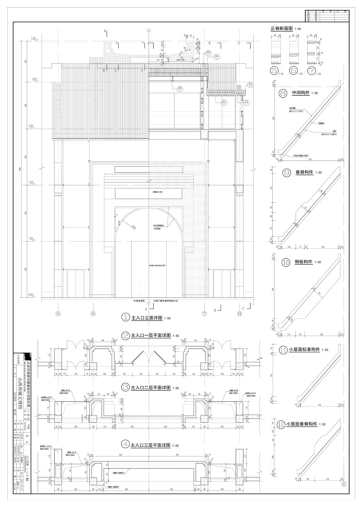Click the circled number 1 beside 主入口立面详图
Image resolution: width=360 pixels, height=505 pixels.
[125, 317]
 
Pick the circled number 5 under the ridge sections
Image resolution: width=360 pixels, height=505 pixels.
[274, 70]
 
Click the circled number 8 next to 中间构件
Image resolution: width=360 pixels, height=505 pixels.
[283, 93]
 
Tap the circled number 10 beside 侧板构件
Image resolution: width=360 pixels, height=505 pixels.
[286, 261]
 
